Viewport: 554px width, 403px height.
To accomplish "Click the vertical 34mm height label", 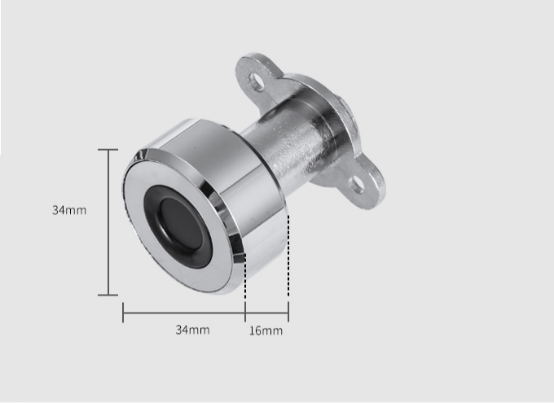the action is [x=69, y=210].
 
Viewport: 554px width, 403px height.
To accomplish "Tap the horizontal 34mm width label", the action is [x=192, y=330].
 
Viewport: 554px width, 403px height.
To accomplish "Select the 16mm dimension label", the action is [x=266, y=331].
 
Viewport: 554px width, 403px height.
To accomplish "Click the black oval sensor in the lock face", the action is [x=179, y=226].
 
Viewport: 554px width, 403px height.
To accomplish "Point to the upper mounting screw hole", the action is [x=257, y=81].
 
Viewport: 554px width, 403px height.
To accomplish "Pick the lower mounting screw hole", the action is [x=356, y=184].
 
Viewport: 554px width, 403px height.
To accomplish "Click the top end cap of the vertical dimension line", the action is [x=108, y=150].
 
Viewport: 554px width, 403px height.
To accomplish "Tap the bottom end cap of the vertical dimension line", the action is [x=108, y=295].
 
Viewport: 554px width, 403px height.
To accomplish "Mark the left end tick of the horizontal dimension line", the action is [x=123, y=313].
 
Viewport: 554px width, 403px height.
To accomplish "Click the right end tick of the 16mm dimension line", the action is [x=288, y=312].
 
